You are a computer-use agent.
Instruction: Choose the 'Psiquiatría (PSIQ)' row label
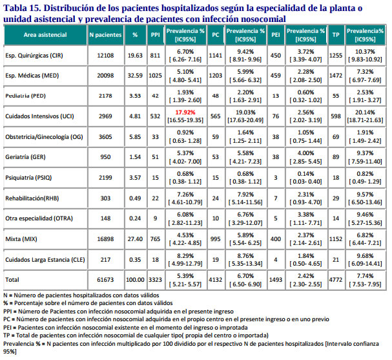pyautogui.click(x=30, y=176)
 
